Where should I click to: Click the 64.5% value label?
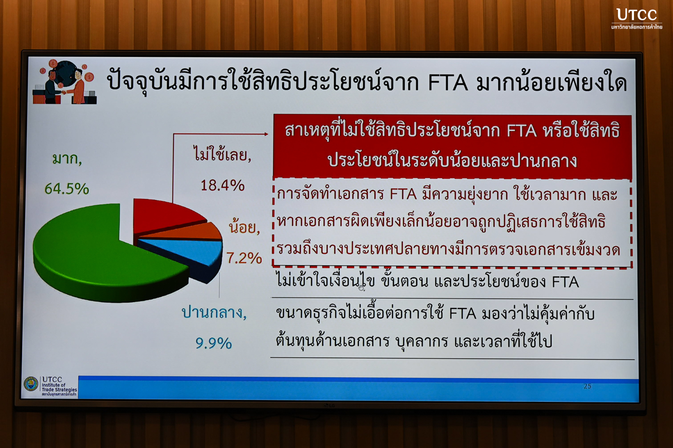[67, 189]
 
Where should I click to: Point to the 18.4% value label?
[222, 185]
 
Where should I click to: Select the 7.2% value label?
[244, 258]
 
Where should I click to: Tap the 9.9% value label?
[214, 343]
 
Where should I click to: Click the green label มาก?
[67, 159]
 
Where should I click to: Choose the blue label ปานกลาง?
[214, 312]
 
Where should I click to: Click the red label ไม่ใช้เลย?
[222, 154]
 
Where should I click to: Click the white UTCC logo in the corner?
[637, 19]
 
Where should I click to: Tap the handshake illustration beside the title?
[65, 82]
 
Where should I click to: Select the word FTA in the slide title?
[448, 83]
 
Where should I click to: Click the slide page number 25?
[587, 387]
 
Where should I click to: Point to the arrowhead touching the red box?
[266, 134]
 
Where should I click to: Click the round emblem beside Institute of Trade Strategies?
[31, 384]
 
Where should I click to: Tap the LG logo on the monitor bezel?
[329, 405]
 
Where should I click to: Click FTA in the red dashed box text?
[403, 194]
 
